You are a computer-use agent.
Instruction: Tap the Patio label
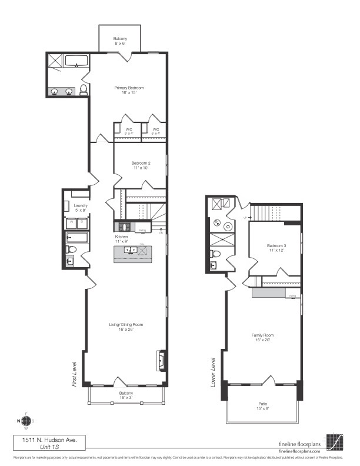pyautogui.click(x=262, y=404)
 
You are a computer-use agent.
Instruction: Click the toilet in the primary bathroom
pyautogui.click(x=84, y=90)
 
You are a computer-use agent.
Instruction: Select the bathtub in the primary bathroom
pyautogui.click(x=75, y=61)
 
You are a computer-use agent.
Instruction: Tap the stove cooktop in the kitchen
pyautogui.click(x=124, y=227)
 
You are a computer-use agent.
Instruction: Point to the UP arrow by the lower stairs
pyautogui.click(x=248, y=218)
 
